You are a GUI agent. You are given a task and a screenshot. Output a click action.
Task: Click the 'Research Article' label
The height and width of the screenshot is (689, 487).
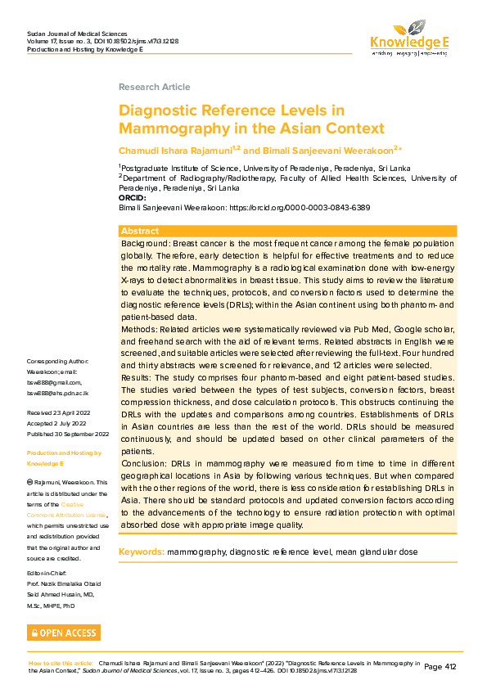pos(154,87)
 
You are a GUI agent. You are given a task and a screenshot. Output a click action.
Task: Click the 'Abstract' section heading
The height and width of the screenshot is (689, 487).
pos(139,232)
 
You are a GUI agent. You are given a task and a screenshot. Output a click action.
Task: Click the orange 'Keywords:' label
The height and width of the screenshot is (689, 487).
pos(142,552)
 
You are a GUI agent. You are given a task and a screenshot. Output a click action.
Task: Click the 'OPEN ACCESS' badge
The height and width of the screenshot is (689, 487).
pos(64,633)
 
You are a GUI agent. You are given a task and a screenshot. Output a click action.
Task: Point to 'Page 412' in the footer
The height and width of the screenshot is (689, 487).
pos(440,667)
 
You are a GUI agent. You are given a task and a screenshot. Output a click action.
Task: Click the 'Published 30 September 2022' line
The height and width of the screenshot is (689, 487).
pos(68,434)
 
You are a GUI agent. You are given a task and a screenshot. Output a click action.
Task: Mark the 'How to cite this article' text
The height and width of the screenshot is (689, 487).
pos(61,663)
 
